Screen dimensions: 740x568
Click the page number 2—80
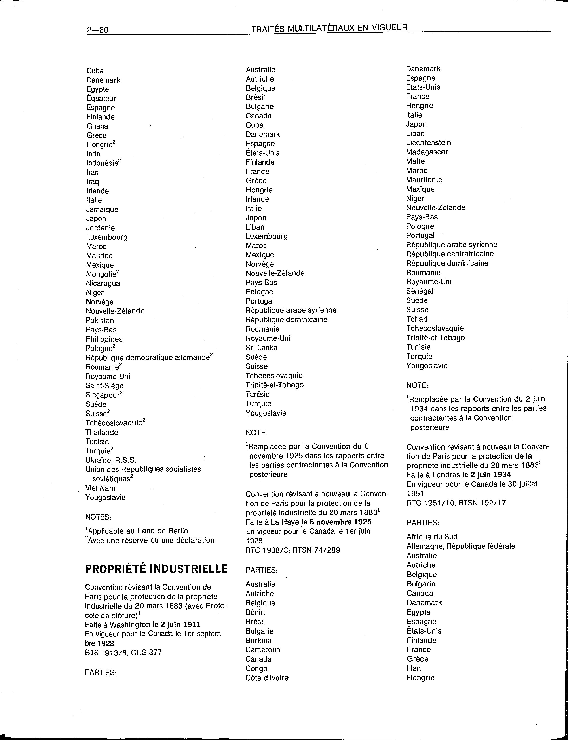click(x=97, y=30)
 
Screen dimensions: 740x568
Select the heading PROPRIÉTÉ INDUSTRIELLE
click(x=156, y=569)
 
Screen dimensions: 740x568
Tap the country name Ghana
click(x=97, y=126)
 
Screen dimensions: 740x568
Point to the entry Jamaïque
click(x=102, y=209)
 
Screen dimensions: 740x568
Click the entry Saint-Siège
click(x=104, y=386)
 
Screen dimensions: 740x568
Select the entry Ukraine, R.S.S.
click(x=111, y=460)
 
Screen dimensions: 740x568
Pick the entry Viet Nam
click(x=101, y=488)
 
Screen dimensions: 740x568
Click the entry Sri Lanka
click(x=261, y=348)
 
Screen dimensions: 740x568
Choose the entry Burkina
click(x=258, y=640)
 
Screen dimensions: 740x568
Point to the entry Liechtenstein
click(x=428, y=143)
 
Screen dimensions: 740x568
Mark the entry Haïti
click(x=414, y=668)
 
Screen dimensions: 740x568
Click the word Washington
click(x=130, y=624)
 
